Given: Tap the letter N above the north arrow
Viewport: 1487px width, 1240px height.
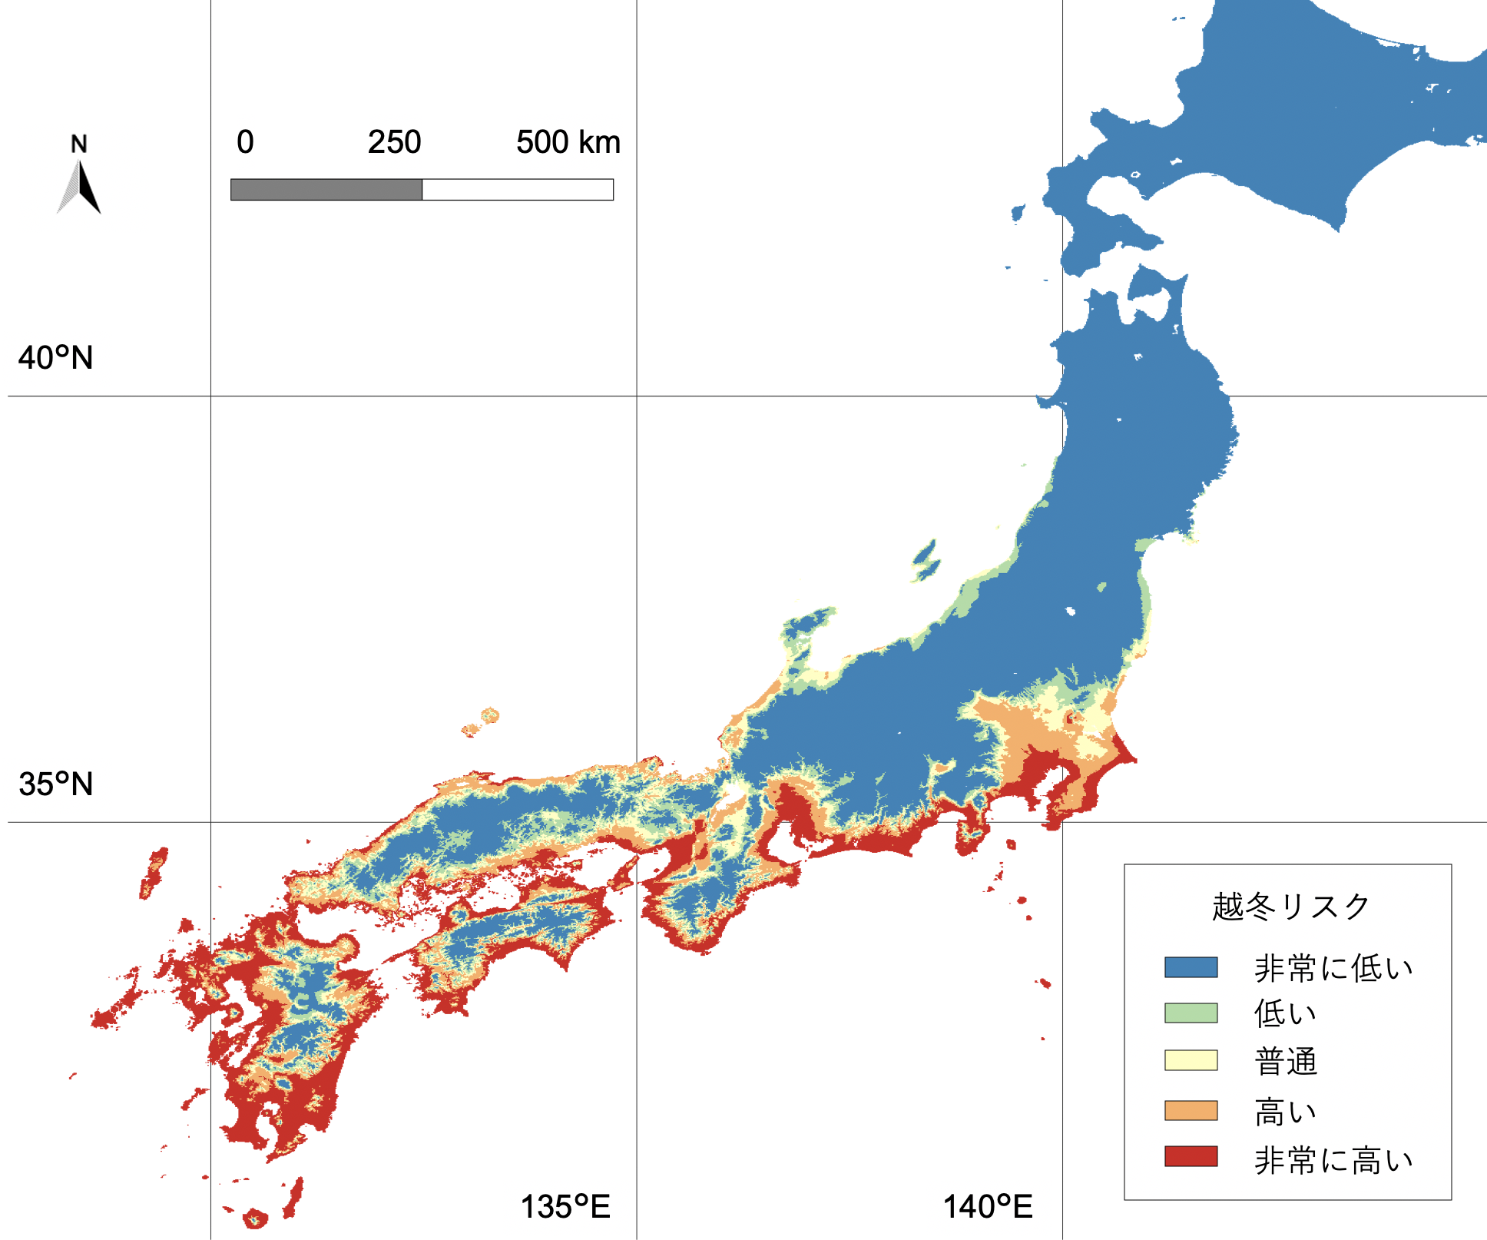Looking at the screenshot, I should coord(78,144).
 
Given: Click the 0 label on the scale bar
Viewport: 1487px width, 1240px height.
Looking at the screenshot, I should coord(245,142).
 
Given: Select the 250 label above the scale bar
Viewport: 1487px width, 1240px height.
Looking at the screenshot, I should coord(394,142).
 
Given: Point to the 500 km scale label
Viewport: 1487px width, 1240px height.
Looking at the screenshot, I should coord(568,142).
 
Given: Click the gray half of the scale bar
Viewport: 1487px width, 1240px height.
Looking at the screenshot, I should coord(326,190).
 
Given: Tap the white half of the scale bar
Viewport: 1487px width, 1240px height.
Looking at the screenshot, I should coord(518,190).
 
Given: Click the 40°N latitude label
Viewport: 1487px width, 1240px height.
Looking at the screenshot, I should coord(55,358).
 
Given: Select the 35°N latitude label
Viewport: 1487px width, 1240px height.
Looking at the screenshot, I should coord(55,784).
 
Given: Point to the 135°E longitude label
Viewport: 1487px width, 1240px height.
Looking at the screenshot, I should coord(565,1207).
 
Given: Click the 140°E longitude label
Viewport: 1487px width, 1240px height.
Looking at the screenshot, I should coord(988,1207).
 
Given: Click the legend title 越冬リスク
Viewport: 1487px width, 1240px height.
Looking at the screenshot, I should coord(1291,907).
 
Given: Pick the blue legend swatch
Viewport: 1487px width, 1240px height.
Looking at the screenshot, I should coord(1191,966).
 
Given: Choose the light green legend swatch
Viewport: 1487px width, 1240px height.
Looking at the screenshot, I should coord(1191,1013).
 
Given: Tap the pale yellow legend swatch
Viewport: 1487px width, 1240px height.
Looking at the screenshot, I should coord(1191,1060).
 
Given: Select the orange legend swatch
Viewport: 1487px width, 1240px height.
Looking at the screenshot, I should coord(1191,1110).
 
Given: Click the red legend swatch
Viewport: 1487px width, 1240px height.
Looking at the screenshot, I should coord(1191,1156).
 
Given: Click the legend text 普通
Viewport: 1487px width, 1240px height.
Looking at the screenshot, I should coord(1286,1062).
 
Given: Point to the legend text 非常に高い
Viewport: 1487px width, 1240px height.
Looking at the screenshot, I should coord(1333,1160).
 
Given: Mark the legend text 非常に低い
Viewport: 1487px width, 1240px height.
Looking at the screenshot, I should coord(1333,968).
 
